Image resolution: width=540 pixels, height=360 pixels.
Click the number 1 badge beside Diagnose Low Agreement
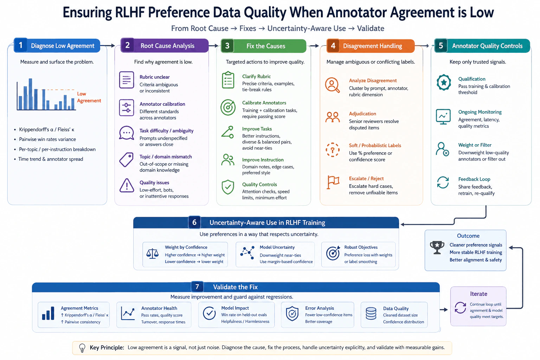(21, 45)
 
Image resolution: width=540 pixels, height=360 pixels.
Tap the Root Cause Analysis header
(167, 46)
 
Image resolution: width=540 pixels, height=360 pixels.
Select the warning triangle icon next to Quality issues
(127, 185)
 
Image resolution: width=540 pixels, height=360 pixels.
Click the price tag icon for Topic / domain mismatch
(126, 159)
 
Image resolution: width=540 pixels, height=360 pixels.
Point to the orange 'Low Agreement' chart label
(89, 97)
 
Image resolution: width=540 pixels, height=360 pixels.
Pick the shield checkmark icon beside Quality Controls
(228, 187)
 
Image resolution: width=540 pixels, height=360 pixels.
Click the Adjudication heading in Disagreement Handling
(362, 114)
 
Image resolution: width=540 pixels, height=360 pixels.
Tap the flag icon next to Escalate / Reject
(333, 182)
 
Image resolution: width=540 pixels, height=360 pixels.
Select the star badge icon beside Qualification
(444, 83)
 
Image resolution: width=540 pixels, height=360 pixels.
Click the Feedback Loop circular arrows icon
(443, 182)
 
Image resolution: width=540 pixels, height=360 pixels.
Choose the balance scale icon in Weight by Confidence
(152, 253)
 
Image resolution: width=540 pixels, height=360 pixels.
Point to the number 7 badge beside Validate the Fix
(197, 287)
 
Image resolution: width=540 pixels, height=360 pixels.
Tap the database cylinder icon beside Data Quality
(371, 314)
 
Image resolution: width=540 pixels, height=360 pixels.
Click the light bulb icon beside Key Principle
(82, 348)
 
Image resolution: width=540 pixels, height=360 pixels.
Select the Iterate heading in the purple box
(478, 294)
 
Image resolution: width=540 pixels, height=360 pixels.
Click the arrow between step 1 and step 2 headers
(108, 45)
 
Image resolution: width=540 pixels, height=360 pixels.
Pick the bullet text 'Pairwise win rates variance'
(47, 139)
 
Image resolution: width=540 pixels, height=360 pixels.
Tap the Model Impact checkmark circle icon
(209, 313)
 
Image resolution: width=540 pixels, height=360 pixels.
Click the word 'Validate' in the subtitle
(371, 28)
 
